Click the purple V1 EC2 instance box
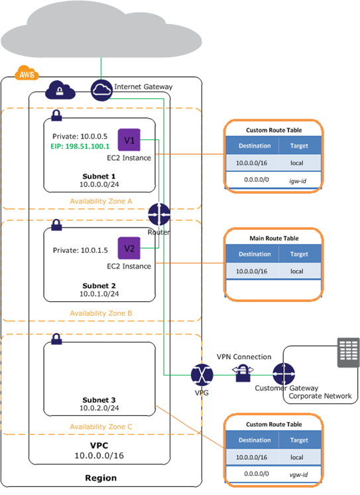(129, 140)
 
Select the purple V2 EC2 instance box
(129, 248)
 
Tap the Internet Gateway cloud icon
(101, 90)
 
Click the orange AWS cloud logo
(27, 73)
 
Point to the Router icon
(159, 214)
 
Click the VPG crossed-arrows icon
(202, 375)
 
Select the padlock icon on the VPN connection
(243, 373)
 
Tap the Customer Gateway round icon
(284, 374)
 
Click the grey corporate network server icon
(348, 352)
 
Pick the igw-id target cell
(298, 181)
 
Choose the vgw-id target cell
(298, 474)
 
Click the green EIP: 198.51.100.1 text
(80, 147)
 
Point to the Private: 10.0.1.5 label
(80, 250)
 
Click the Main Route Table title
(274, 238)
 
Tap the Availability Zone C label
(101, 427)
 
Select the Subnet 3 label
(99, 400)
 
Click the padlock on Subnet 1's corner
(56, 115)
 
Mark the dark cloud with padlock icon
(60, 90)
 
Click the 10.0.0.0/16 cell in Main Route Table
(252, 271)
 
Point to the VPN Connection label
(244, 357)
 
